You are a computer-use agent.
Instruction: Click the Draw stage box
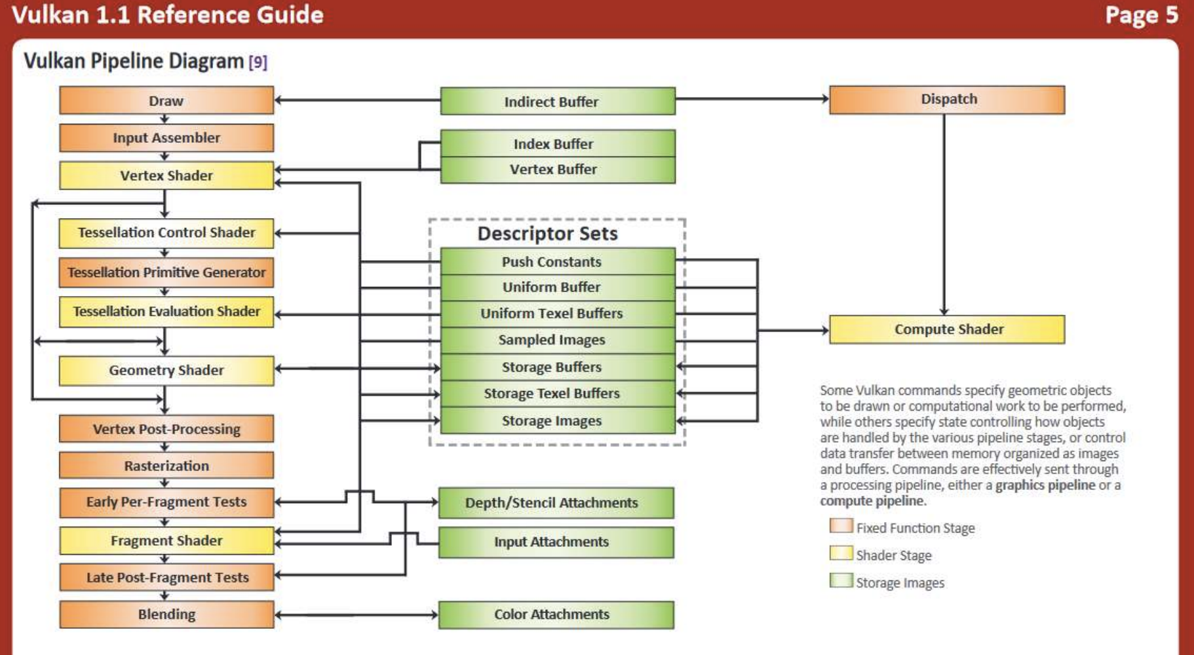point(166,101)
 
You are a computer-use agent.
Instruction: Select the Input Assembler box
point(166,138)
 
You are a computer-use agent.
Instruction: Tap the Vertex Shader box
point(166,176)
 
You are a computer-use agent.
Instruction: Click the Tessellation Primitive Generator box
point(166,272)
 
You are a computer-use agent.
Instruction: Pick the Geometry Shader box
point(166,371)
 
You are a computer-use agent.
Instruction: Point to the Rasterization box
point(166,466)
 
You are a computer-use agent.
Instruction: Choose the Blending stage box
point(166,614)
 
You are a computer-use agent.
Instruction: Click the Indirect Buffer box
point(558,102)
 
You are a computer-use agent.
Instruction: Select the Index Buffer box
point(558,143)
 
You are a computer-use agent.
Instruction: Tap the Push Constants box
point(558,261)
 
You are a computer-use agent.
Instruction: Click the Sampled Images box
point(558,340)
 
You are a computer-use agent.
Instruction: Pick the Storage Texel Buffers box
point(558,394)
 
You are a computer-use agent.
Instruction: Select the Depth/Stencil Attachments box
point(556,503)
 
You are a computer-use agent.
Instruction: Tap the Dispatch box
point(947,100)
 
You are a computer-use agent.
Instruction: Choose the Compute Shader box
point(947,329)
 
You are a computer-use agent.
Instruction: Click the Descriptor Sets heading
point(547,234)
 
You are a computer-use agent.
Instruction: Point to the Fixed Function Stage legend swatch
point(841,526)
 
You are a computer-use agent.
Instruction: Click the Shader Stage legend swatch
point(841,553)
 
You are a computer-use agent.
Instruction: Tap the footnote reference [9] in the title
point(258,62)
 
